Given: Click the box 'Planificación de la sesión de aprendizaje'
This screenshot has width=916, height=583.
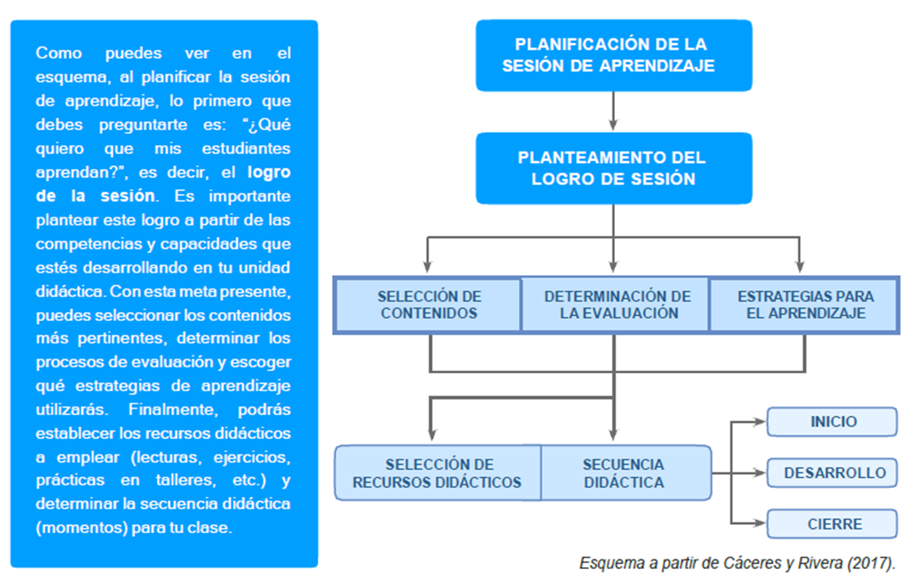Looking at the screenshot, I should click(x=613, y=55).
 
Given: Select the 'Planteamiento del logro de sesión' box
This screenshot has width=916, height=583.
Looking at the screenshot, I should click(x=613, y=168).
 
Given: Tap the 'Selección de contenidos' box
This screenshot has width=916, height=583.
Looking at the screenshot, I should click(x=429, y=305).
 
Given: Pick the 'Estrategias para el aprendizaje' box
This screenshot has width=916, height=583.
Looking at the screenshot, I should click(x=805, y=305).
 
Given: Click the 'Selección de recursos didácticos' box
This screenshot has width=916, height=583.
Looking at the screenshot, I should click(x=437, y=473).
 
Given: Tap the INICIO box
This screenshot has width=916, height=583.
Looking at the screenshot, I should click(x=833, y=423).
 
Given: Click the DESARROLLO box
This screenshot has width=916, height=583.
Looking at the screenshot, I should click(x=833, y=473).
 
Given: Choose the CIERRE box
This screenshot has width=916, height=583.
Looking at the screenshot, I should click(x=833, y=524).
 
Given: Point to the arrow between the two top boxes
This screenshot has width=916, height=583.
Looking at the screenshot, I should click(x=613, y=111).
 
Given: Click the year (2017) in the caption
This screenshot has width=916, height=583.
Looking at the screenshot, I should click(x=873, y=564).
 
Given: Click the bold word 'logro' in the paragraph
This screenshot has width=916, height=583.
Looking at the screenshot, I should click(x=268, y=173).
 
